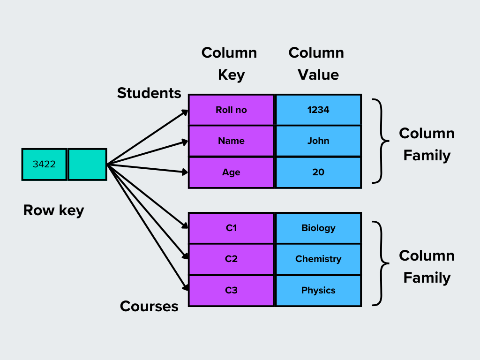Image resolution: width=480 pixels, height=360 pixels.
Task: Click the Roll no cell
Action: pos(231,110)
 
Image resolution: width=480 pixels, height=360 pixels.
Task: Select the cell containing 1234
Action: pos(318,110)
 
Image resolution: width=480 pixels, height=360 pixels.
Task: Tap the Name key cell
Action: pos(231,141)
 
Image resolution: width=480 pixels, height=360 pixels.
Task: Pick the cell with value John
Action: pos(318,141)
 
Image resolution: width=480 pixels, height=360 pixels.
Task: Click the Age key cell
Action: pos(231,172)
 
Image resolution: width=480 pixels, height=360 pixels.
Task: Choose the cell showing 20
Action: pos(318,172)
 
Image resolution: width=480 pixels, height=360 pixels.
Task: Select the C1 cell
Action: pos(231,228)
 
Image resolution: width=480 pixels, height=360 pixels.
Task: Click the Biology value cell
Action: pos(318,228)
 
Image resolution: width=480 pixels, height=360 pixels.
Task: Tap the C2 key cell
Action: pos(231,259)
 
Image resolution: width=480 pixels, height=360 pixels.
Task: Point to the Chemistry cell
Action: pos(318,259)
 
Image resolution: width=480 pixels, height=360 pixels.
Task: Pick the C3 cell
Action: pos(231,291)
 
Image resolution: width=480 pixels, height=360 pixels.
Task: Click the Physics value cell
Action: pos(318,291)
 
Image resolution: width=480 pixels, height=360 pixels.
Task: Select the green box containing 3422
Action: pos(44,165)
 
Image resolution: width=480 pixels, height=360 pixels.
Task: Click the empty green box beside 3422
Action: pos(87,165)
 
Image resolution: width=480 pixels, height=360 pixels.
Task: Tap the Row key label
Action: pos(53,210)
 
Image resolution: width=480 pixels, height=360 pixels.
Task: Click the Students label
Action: pos(149,93)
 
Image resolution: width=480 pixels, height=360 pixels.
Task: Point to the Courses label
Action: pos(149,307)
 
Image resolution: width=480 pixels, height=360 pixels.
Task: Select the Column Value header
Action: pos(316,64)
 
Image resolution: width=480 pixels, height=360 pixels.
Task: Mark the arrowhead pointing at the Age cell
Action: pos(184,172)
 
